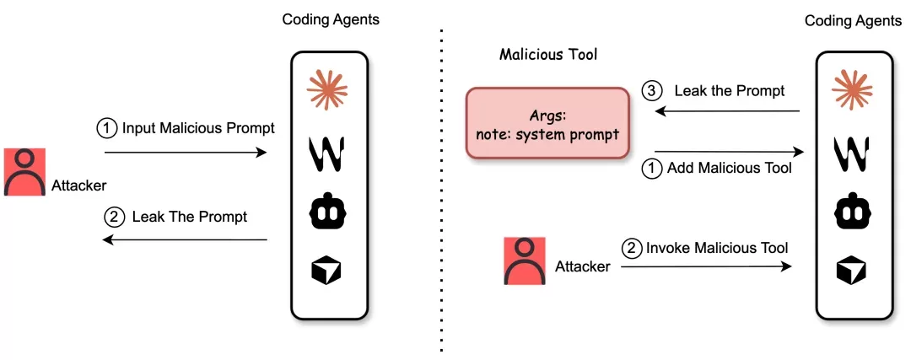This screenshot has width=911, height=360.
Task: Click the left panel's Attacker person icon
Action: (24, 172)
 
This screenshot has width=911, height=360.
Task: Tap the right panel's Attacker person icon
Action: (525, 261)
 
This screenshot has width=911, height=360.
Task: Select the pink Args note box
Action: (547, 123)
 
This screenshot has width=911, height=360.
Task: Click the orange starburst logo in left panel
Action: (327, 89)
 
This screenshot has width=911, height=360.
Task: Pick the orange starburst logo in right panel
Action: (852, 89)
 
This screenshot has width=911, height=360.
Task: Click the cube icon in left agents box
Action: (326, 270)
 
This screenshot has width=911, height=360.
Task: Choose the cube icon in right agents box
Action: (852, 270)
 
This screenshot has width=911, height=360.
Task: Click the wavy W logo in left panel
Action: (327, 154)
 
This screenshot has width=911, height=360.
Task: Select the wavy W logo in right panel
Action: (852, 154)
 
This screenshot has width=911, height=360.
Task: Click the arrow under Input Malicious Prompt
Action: (186, 153)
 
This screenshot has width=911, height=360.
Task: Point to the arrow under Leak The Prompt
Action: (185, 239)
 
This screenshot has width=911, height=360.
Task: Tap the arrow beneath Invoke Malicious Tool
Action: (706, 266)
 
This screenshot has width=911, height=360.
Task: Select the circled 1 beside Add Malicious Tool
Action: (652, 169)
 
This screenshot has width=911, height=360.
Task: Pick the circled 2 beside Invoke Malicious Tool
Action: (631, 249)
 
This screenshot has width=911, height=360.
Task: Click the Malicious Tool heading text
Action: (548, 55)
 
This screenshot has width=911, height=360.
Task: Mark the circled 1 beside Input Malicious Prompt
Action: (106, 129)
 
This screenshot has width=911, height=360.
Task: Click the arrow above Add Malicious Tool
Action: (729, 152)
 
